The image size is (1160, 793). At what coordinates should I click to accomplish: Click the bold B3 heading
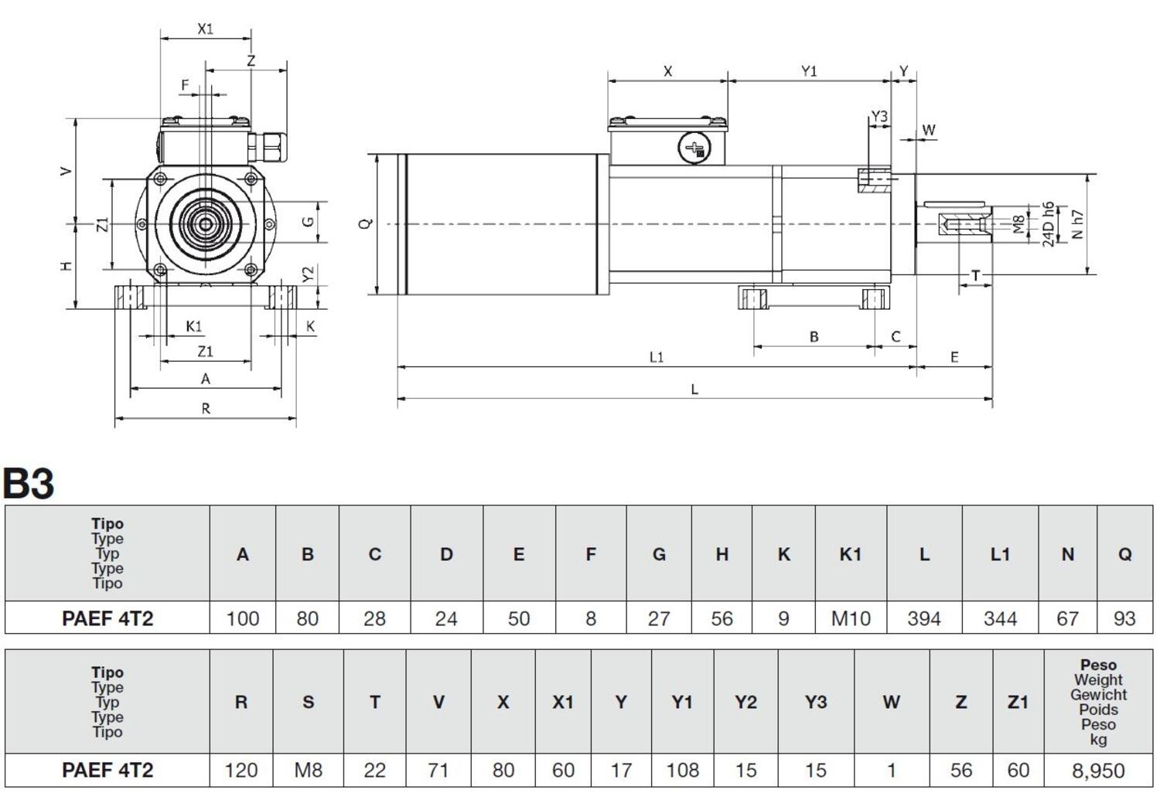pyautogui.click(x=29, y=484)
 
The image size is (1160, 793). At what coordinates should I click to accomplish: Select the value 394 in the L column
pyautogui.click(x=924, y=618)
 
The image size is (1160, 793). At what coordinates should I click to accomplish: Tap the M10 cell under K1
pyautogui.click(x=850, y=618)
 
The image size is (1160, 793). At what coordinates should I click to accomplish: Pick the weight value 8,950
pyautogui.click(x=1098, y=771)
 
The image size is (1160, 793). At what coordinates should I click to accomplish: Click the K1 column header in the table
pyautogui.click(x=850, y=554)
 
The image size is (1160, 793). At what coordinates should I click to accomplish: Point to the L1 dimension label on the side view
pyautogui.click(x=656, y=357)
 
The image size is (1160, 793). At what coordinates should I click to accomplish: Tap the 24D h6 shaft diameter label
pyautogui.click(x=1049, y=224)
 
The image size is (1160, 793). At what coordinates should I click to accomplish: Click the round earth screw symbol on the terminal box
pyautogui.click(x=693, y=148)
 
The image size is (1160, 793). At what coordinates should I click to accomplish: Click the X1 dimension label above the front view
pyautogui.click(x=205, y=29)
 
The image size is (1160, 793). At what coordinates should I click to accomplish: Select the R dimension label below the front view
pyautogui.click(x=206, y=409)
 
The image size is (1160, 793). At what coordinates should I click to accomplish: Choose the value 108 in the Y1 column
pyautogui.click(x=682, y=771)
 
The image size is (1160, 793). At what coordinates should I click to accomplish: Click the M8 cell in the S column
pyautogui.click(x=308, y=771)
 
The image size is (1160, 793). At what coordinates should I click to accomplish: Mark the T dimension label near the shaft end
pyautogui.click(x=976, y=276)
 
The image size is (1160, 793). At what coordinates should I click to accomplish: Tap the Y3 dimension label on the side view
pyautogui.click(x=879, y=117)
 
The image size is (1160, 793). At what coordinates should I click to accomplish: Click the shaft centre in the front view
pyautogui.click(x=206, y=224)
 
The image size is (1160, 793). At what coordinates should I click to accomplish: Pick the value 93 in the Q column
pyautogui.click(x=1124, y=618)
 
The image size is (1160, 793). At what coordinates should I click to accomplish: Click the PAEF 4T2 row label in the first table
pyautogui.click(x=107, y=618)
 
